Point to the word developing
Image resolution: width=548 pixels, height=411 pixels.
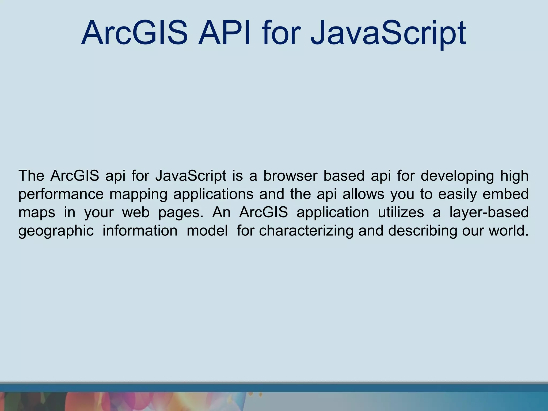tap(457, 176)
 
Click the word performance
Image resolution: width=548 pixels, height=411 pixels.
tap(61, 194)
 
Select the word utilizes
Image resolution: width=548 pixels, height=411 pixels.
tap(401, 212)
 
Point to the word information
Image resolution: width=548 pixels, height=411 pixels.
tap(140, 230)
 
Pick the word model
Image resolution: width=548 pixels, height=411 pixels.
tap(207, 230)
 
